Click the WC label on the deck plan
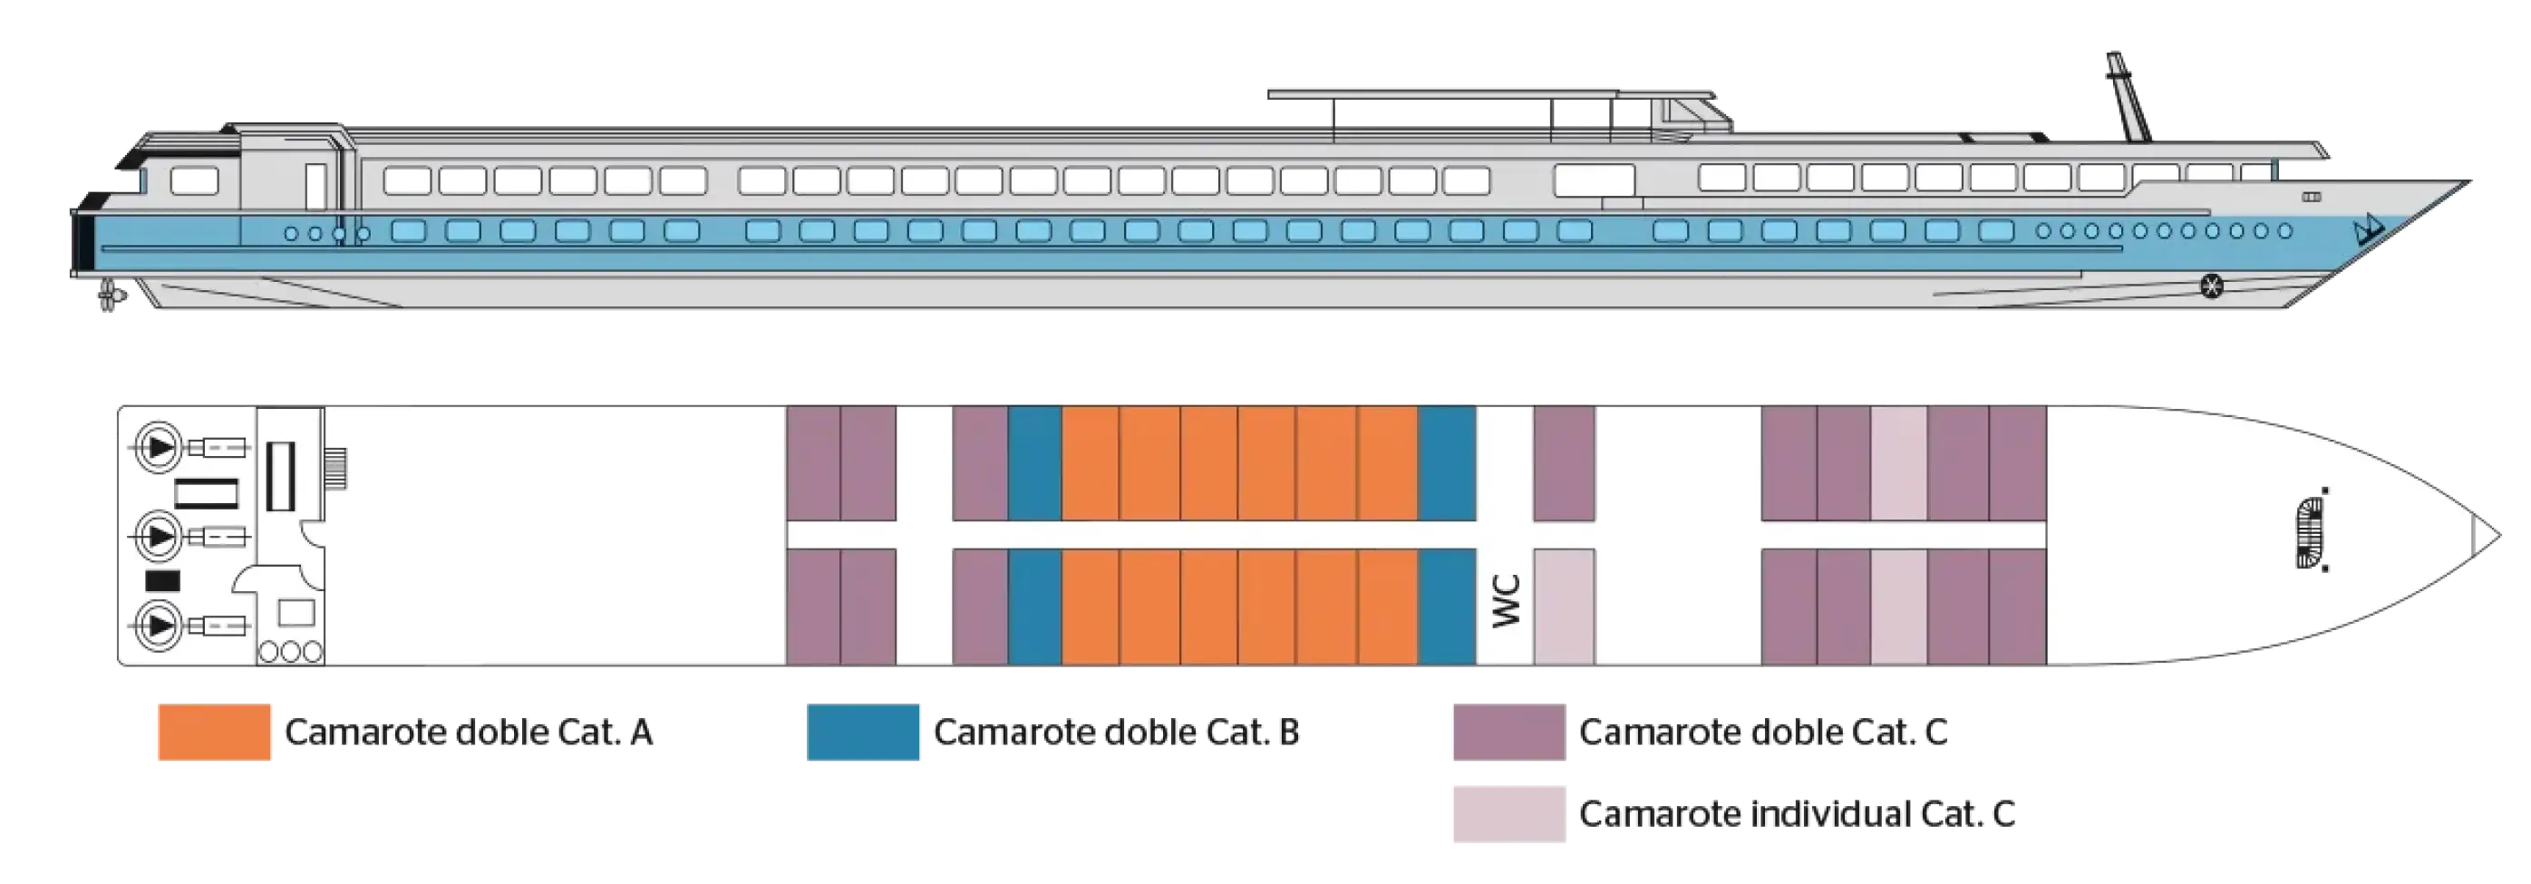(1507, 600)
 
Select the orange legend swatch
(213, 733)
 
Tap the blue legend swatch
(865, 733)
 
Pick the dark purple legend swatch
(1508, 733)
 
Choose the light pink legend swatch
(1508, 815)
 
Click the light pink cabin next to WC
(1564, 606)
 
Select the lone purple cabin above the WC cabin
(1564, 462)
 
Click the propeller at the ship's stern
(109, 296)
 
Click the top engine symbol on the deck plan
(160, 448)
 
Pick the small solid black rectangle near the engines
(162, 580)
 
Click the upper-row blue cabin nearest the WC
(1446, 462)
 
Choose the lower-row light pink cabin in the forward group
(1898, 606)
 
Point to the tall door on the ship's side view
(315, 186)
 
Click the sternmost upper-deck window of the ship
(194, 181)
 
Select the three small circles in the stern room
(290, 652)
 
